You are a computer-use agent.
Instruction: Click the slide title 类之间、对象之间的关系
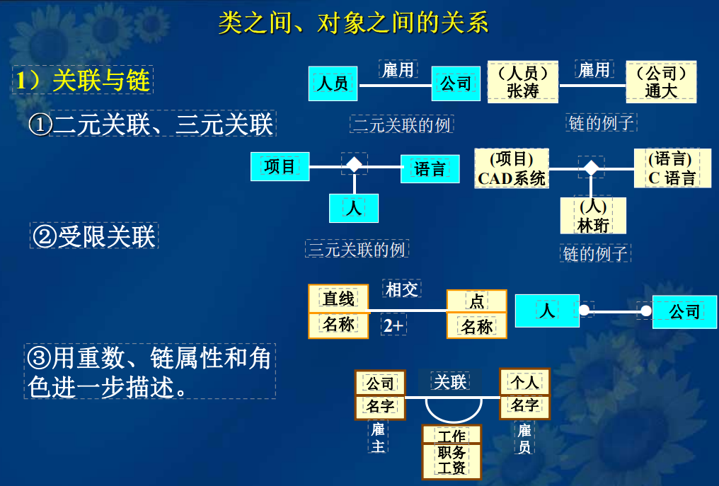point(353,23)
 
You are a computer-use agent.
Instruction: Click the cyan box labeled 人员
point(333,83)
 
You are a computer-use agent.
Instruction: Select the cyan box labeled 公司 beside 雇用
point(456,83)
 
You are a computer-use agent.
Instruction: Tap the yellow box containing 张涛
point(523,82)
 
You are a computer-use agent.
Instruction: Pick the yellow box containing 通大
point(661,82)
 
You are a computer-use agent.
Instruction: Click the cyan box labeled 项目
point(280,167)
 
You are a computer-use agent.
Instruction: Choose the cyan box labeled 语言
point(430,168)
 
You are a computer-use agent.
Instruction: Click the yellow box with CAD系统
point(512,168)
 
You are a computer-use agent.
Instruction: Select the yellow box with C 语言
point(672,168)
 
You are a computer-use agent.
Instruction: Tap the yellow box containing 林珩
point(593,216)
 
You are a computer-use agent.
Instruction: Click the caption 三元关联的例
point(357,249)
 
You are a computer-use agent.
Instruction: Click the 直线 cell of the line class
point(338,299)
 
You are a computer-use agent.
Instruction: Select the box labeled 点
point(476,301)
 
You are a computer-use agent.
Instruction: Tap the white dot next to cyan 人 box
point(584,311)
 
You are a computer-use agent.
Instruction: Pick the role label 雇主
point(379,438)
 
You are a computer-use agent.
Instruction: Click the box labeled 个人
point(524,383)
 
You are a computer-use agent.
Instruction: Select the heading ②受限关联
point(93,236)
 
